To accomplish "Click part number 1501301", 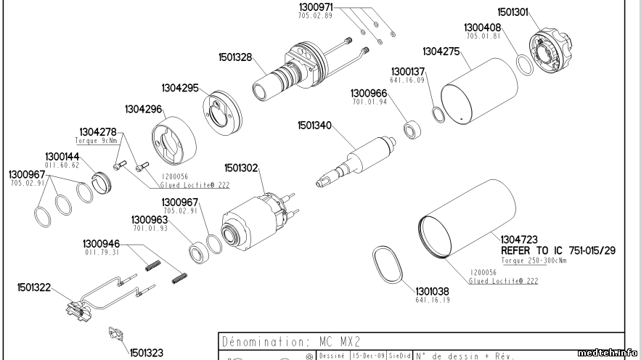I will pyautogui.click(x=513, y=12).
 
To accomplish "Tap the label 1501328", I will pyautogui.click(x=235, y=57).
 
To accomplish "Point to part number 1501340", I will pyautogui.click(x=314, y=126).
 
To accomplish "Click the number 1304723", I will pyautogui.click(x=519, y=239).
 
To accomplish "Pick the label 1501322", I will pyautogui.click(x=34, y=287).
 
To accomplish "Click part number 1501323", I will pyautogui.click(x=147, y=353).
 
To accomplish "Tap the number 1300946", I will pyautogui.click(x=100, y=243).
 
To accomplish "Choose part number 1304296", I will pyautogui.click(x=142, y=109).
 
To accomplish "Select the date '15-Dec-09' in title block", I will pyautogui.click(x=367, y=356).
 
